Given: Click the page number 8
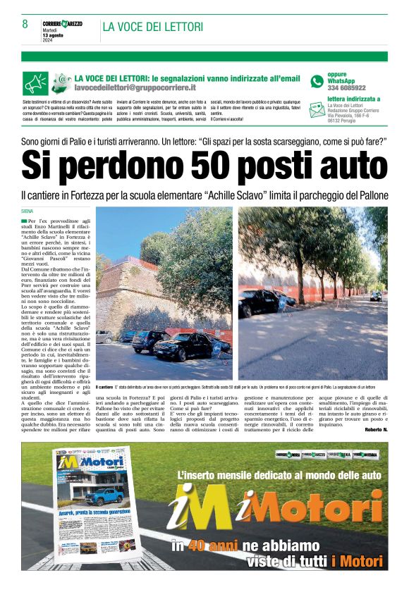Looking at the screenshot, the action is point(25,24).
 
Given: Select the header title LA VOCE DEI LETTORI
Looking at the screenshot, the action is point(153,27).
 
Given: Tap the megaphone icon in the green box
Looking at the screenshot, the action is point(35,83).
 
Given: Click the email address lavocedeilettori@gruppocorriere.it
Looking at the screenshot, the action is point(145,87).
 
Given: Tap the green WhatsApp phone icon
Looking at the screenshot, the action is point(317,82).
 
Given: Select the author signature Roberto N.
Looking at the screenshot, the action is point(376,429).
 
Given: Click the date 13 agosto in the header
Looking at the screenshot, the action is point(53,35).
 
